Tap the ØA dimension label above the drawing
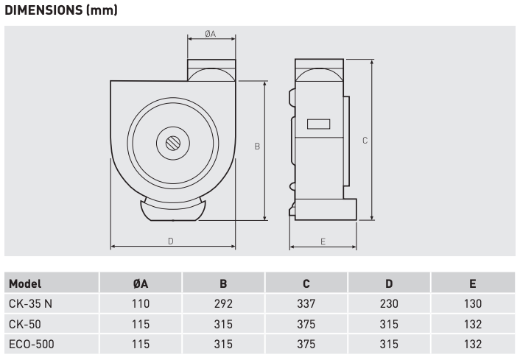click(211, 34)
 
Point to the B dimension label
click(256, 147)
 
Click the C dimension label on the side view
click(365, 140)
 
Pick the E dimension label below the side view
click(323, 241)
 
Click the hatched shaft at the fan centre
click(173, 143)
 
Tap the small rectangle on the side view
click(317, 126)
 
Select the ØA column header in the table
click(140, 283)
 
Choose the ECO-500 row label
click(31, 343)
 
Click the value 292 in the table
click(222, 303)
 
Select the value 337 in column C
click(306, 303)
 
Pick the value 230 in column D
click(389, 303)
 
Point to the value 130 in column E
click(472, 303)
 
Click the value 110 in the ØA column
click(140, 303)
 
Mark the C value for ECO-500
click(306, 343)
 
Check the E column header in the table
click(472, 283)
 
